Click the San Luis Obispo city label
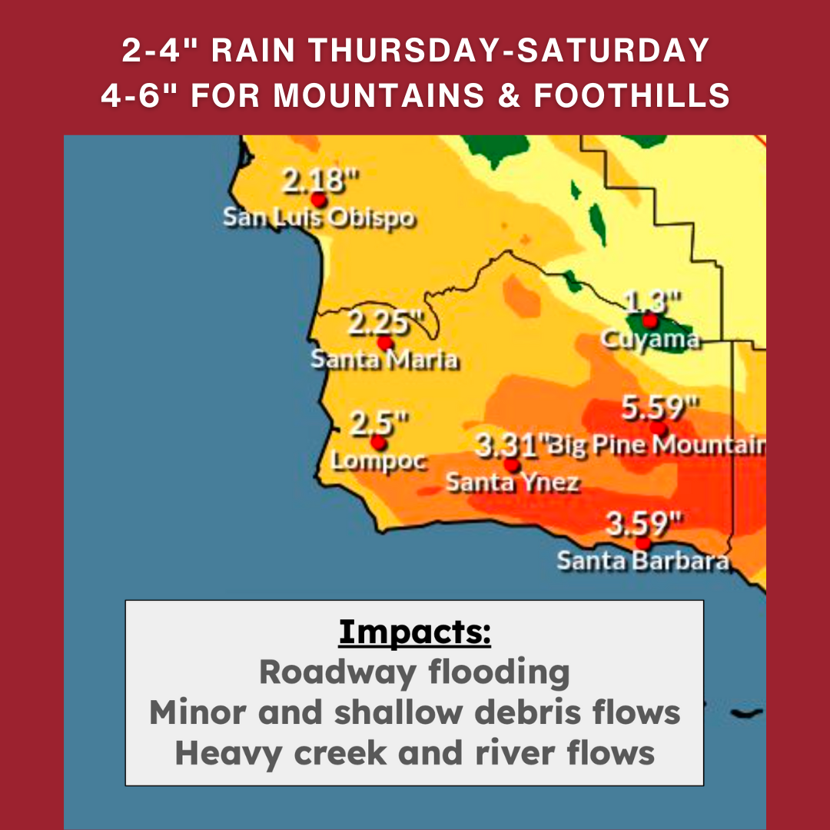pos(319,218)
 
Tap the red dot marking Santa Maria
pos(385,343)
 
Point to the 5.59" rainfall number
pos(661,408)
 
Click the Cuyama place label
pos(650,340)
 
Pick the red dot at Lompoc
pos(377,443)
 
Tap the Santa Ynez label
pos(513,483)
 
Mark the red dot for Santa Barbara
pos(642,543)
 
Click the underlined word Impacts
pos(414,632)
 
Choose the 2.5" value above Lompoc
pos(379,423)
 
